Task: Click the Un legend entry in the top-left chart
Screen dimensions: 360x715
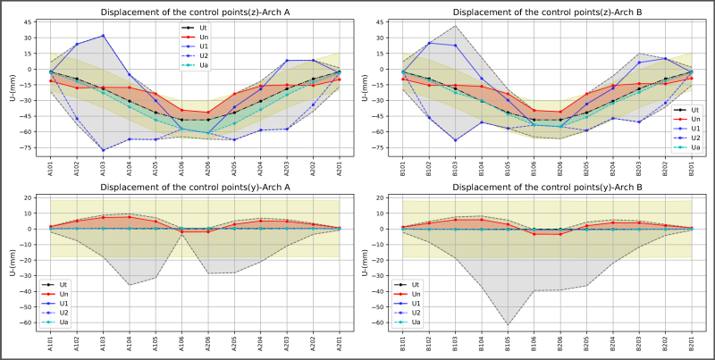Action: (198, 38)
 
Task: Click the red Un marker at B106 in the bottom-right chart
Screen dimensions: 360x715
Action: (534, 233)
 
